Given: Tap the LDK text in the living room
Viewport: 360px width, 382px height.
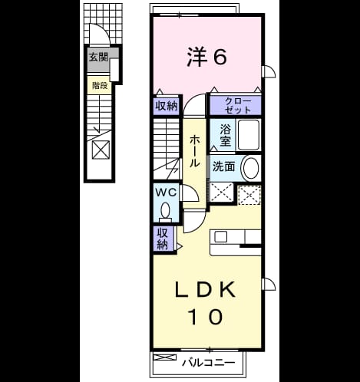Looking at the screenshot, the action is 205,289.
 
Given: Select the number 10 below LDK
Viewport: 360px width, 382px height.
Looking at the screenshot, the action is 205,316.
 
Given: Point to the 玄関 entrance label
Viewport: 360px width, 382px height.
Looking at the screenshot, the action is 98,57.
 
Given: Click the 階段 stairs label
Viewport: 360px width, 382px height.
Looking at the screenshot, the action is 100,85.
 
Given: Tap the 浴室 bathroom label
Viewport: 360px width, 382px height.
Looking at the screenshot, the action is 225,136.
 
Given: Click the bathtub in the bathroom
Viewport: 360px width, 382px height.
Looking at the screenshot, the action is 249,135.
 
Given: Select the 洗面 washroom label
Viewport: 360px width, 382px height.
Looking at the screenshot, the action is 224,166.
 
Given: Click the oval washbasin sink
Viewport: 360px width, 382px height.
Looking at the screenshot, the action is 251,168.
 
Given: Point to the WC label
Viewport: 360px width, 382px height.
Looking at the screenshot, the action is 167,193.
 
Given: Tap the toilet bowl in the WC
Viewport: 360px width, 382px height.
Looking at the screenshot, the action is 166,211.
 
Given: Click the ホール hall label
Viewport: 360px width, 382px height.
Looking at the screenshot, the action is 195,151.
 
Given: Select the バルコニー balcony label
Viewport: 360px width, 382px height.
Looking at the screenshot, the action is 209,363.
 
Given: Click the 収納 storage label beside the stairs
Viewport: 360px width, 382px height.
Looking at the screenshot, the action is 167,105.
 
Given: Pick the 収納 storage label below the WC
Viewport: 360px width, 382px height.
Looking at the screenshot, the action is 162,239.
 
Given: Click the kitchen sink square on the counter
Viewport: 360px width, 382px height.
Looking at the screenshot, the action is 220,236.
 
